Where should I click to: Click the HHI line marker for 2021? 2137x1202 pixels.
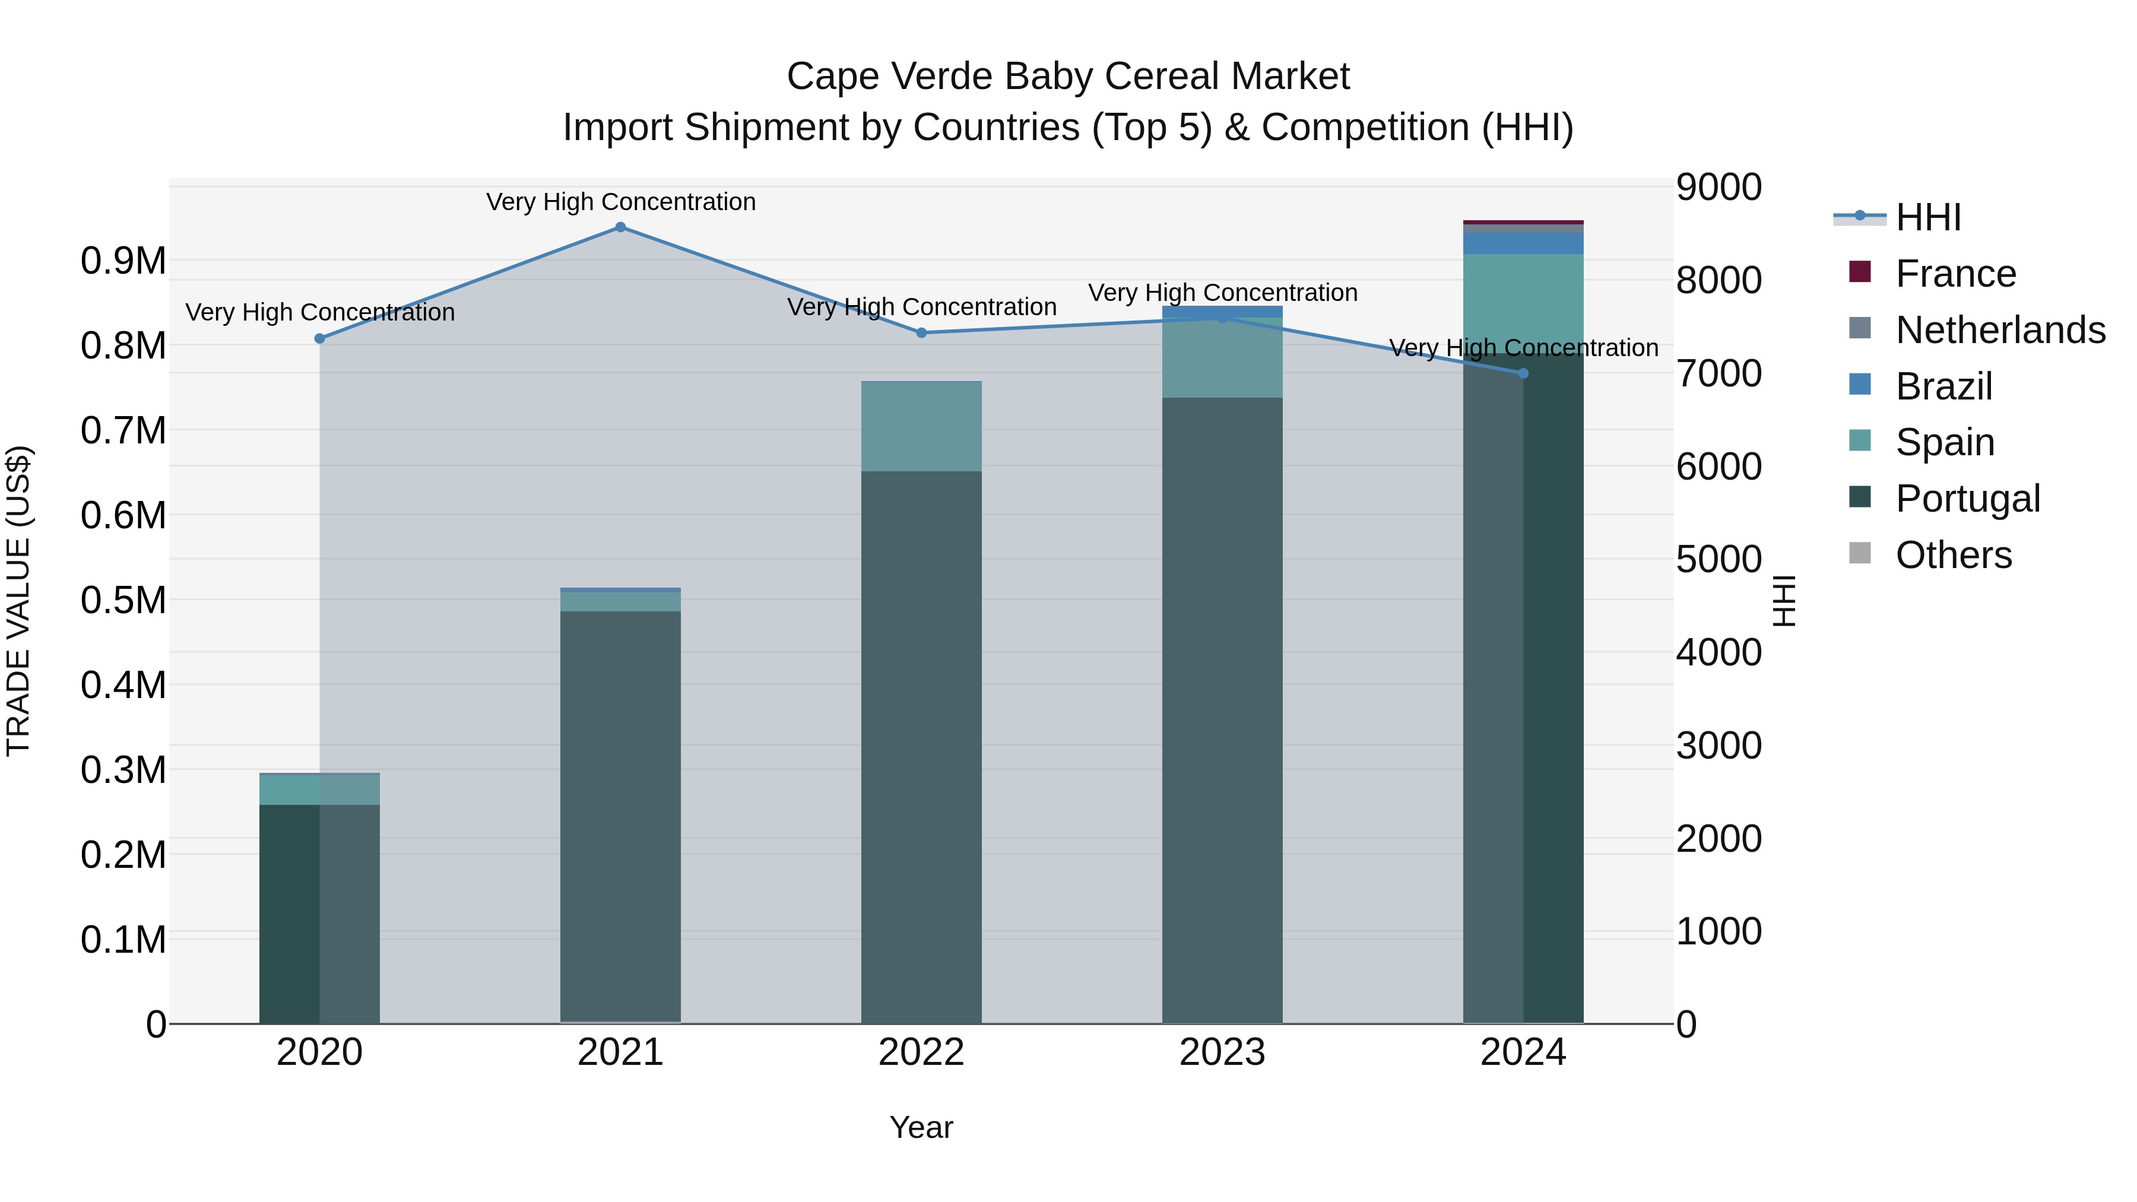[620, 227]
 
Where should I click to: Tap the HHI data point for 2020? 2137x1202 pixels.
[319, 338]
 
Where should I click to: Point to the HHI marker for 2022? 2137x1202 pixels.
[921, 332]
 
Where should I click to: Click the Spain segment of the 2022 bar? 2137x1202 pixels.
[921, 426]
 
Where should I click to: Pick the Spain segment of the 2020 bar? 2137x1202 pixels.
[319, 789]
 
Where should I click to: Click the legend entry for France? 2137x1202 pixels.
[1955, 274]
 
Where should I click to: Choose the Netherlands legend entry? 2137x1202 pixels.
[1999, 330]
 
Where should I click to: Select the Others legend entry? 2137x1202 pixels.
[1953, 555]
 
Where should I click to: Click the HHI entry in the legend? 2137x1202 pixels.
[1927, 217]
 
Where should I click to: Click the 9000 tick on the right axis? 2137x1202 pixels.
[1718, 188]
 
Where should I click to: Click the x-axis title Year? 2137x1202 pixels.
[921, 1127]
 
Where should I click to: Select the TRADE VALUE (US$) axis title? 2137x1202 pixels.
[18, 601]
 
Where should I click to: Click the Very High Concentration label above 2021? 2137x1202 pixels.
[620, 202]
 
